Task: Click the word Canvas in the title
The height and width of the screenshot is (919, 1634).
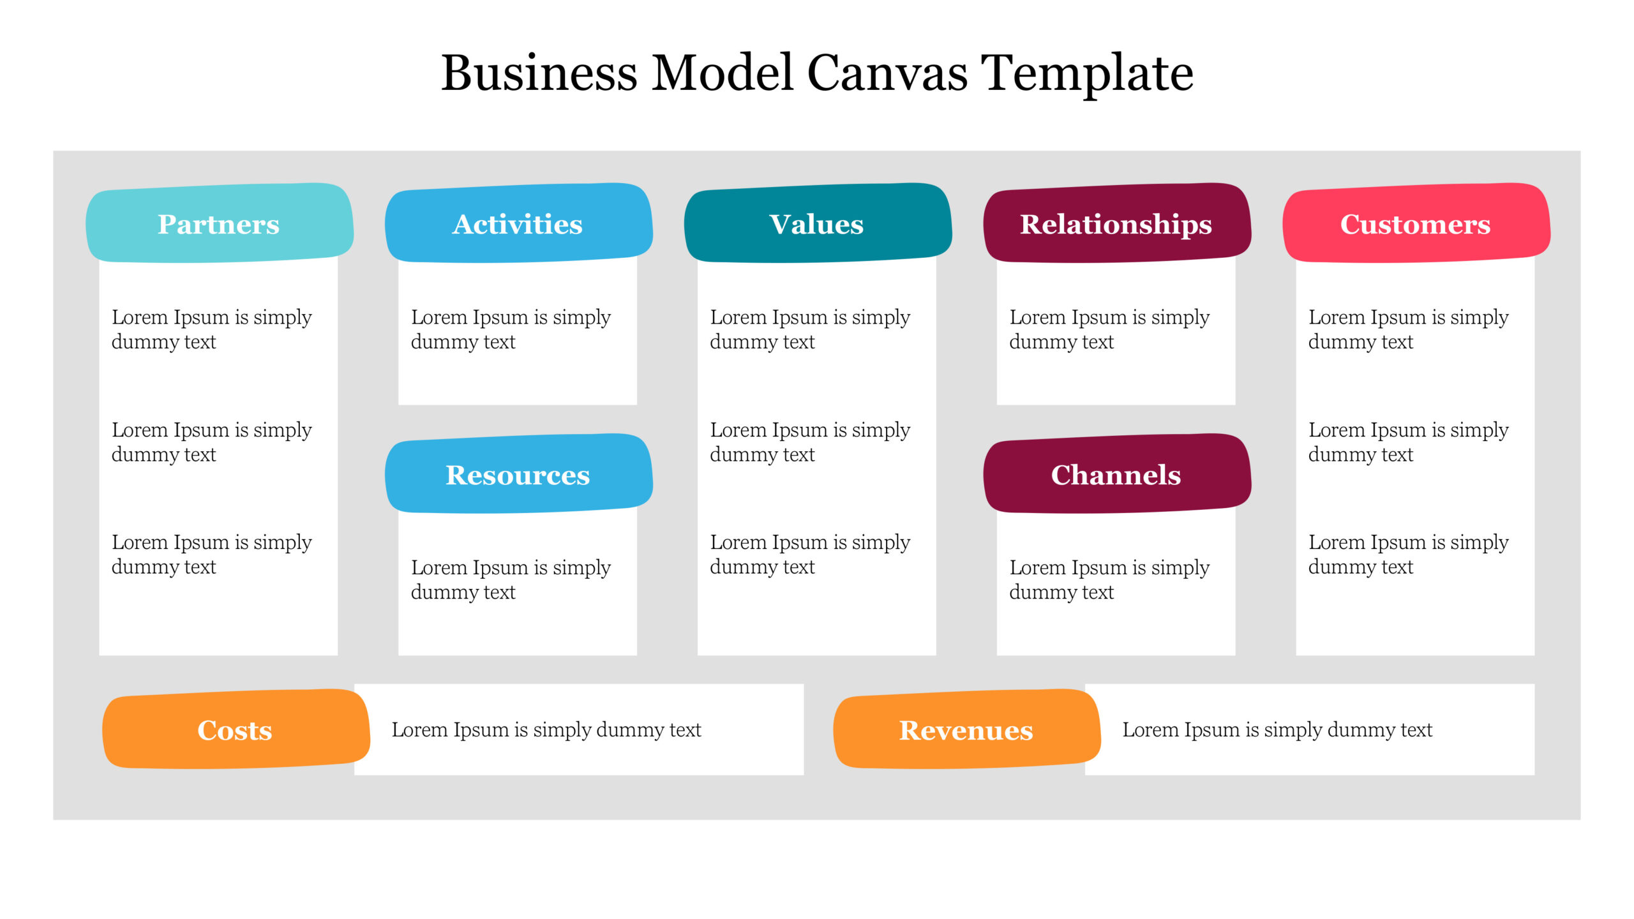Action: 887,73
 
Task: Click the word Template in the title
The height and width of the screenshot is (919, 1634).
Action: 1086,73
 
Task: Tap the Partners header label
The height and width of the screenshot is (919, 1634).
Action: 219,224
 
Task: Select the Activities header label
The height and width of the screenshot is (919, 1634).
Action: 518,224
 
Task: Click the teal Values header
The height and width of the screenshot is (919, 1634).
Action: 816,224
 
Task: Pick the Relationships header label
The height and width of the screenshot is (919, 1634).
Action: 1116,224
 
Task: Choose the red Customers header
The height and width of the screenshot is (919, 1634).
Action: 1415,224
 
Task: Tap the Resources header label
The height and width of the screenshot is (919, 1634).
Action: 518,475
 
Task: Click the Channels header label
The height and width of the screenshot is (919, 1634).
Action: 1116,475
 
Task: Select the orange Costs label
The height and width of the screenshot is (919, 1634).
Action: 235,730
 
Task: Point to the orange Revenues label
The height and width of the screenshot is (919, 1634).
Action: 966,730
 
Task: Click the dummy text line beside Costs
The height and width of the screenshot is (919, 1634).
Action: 546,729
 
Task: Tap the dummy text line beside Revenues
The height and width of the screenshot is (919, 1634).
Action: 1277,729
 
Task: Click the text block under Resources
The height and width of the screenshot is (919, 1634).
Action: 511,579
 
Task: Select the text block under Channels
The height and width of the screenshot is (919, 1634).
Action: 1109,579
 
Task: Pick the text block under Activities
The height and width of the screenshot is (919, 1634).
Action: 511,329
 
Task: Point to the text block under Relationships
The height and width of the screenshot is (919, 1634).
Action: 1109,329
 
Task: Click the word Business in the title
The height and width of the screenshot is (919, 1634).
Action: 539,73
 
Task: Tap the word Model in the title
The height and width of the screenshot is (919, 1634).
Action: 722,73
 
